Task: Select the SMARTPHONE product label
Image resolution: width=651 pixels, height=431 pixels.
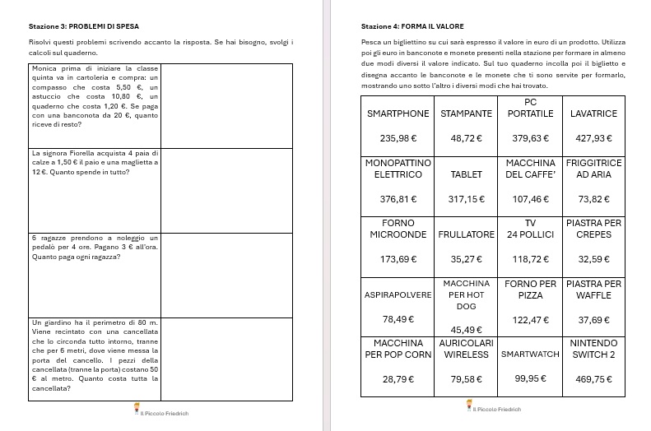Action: [x=398, y=114]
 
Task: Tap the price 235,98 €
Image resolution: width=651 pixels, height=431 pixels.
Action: [x=398, y=137]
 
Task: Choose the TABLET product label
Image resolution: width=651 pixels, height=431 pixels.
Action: [x=466, y=174]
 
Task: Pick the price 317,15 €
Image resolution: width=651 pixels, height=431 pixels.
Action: [x=466, y=198]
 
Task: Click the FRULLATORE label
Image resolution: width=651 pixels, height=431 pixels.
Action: [x=466, y=234]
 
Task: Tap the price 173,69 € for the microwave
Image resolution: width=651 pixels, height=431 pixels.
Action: [x=398, y=259]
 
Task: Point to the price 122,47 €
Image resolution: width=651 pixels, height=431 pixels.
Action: [x=530, y=319]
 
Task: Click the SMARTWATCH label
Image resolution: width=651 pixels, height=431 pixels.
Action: [x=530, y=355]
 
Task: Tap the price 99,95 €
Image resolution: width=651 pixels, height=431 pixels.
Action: [x=530, y=379]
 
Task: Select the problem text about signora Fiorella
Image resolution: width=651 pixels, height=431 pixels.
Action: [x=94, y=163]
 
